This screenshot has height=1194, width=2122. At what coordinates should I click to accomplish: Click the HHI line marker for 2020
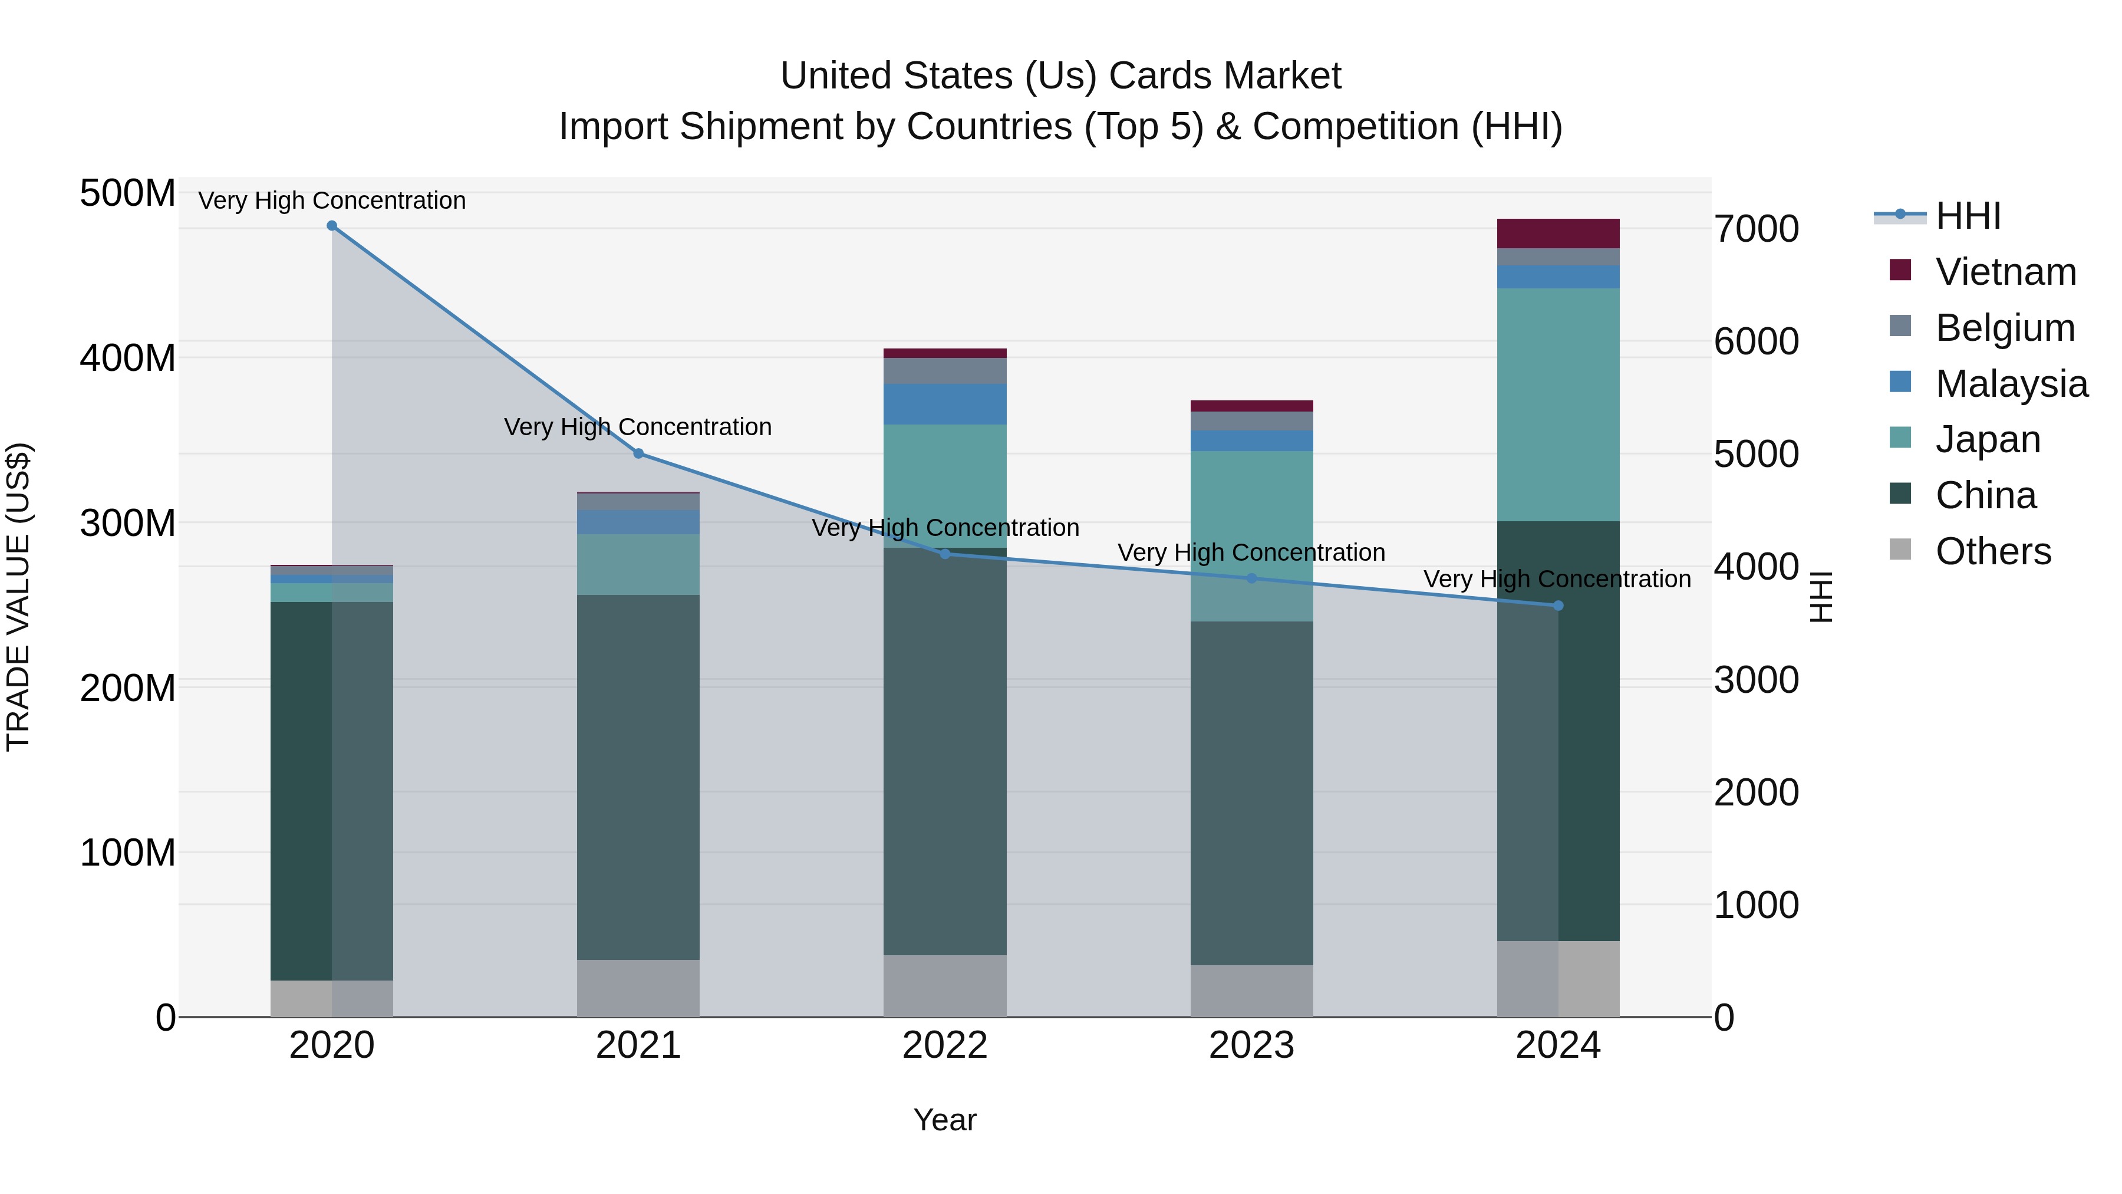tap(332, 226)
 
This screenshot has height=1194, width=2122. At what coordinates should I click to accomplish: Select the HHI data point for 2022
tap(945, 554)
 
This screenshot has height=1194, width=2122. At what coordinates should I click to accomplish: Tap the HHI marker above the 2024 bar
tap(1558, 606)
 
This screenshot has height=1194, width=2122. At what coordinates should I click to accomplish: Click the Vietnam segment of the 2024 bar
tap(1558, 233)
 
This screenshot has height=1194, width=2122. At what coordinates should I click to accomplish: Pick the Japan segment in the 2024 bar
tap(1558, 404)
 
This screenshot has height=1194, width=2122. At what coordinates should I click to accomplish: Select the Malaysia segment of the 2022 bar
tap(945, 404)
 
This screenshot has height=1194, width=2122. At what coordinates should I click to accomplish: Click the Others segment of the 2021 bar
tap(638, 988)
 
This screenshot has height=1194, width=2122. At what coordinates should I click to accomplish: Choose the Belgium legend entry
tap(2004, 328)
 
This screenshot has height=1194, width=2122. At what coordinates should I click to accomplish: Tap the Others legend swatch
tap(1900, 550)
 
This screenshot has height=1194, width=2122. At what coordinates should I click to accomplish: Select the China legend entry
tap(1985, 495)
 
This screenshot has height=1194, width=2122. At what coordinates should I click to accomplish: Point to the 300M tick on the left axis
tap(128, 523)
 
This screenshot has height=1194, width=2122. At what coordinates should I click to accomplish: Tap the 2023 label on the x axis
tap(1251, 1045)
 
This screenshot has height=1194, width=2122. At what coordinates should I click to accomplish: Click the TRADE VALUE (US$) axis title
tap(19, 597)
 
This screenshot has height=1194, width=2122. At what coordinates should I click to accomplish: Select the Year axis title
tap(945, 1120)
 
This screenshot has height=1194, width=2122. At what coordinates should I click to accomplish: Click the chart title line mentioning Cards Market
tap(1060, 76)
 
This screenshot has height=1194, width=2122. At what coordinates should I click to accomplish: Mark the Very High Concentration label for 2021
tap(638, 427)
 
